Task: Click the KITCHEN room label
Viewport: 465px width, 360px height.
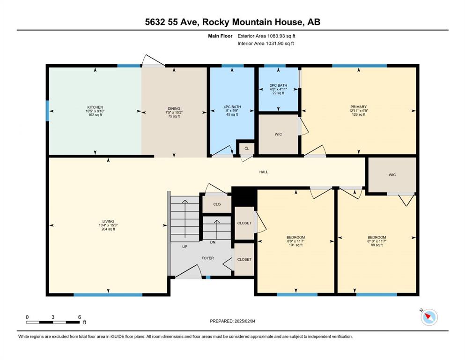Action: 95,107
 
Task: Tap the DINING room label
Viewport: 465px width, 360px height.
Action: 174,109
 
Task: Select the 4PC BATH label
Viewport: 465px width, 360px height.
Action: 232,107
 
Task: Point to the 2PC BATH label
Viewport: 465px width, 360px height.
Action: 278,85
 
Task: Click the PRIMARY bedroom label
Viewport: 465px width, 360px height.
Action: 359,107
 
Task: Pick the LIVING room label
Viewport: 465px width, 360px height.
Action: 108,221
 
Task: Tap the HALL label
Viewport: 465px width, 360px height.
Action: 264,172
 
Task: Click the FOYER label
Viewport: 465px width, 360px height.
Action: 207,258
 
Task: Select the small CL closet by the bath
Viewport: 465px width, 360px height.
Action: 247,149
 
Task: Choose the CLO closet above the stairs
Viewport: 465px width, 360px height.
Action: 217,204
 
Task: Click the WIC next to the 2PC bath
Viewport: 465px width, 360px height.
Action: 278,135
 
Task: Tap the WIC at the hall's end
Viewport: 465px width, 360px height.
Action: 392,175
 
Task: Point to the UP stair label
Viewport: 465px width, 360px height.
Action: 185,247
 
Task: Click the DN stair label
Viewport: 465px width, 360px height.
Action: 213,242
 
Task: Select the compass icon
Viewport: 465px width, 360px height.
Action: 429,317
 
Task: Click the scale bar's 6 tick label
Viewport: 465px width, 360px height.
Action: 80,317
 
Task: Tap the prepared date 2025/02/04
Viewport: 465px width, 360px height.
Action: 245,321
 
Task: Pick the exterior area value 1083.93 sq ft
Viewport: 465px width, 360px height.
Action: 281,36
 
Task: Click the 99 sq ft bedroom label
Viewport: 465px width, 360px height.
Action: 376,245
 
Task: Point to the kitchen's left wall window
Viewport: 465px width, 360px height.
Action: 47,111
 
